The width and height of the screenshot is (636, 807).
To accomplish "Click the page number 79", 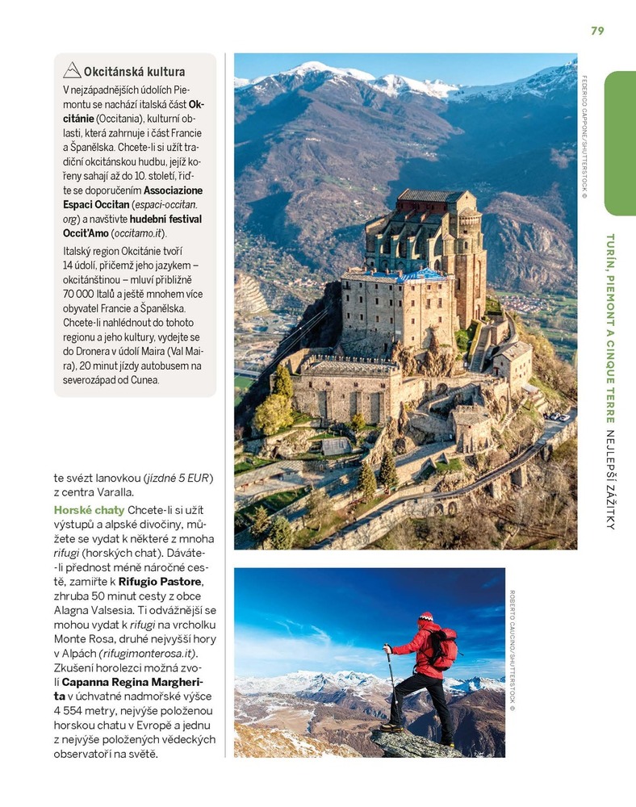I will (x=597, y=31).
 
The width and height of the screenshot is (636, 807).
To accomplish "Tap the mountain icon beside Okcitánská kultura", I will (x=72, y=70).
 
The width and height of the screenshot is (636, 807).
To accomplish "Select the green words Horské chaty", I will (x=89, y=510).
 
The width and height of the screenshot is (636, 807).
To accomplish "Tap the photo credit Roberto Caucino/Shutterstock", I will (x=512, y=650).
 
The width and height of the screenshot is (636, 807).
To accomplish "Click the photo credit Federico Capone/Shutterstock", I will (x=584, y=137).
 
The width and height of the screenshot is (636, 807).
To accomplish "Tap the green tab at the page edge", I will (x=620, y=143).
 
